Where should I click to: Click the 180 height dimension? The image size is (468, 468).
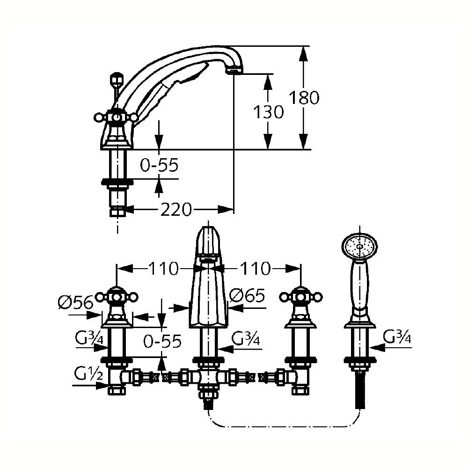[x=304, y=98]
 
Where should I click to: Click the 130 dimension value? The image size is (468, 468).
[x=268, y=112]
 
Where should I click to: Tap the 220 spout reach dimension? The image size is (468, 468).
[x=176, y=210]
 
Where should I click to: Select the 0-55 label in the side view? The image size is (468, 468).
[x=160, y=164]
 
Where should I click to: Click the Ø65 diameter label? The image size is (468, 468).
[x=248, y=296]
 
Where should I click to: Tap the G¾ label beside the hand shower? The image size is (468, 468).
[x=397, y=337]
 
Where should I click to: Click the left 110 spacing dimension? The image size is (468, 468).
[x=163, y=269]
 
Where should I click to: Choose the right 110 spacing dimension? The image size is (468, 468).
[x=255, y=269]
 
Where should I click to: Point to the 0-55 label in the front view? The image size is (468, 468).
[x=162, y=341]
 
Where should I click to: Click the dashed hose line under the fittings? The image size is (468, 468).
[x=281, y=427]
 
